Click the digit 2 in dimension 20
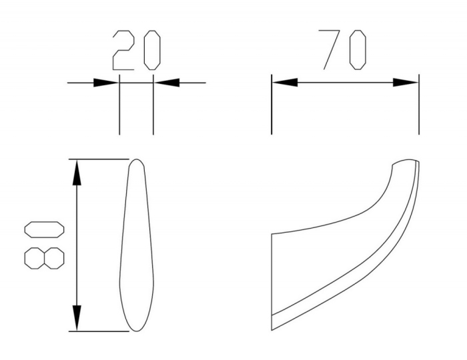click(x=123, y=50)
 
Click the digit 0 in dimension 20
click(x=152, y=50)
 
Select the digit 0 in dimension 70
click(x=358, y=50)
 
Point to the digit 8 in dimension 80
click(x=44, y=258)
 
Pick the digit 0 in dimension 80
click(x=44, y=230)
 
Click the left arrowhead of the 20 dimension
click(x=106, y=83)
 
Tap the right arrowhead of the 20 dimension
click(x=167, y=83)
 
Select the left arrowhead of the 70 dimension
click(x=285, y=83)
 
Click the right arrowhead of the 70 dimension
click(x=406, y=83)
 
